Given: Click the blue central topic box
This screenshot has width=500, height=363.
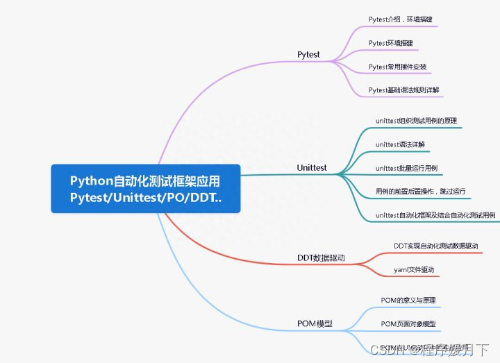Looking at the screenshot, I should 145,189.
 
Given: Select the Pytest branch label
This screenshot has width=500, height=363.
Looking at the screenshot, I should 308,54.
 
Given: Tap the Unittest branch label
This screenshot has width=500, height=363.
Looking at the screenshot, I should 312,168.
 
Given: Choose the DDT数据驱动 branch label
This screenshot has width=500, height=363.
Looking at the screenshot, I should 320,258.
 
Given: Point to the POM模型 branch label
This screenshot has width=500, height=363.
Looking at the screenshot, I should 315,323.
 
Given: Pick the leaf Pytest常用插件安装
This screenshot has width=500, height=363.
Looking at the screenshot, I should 397,67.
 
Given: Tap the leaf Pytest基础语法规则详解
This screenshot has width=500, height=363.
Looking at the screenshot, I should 403,90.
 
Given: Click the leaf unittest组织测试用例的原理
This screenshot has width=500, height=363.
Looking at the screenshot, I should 416,121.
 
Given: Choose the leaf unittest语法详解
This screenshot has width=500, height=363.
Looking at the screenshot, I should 399,144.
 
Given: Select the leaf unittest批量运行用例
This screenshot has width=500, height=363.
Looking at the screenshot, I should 406,168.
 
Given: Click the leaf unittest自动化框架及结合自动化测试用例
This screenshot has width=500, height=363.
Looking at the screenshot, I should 435,215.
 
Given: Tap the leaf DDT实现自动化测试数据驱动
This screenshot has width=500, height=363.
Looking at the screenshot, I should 435,246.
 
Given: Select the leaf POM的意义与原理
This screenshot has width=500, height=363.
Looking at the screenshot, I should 408,301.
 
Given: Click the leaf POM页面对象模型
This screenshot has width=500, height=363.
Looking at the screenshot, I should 408,324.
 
